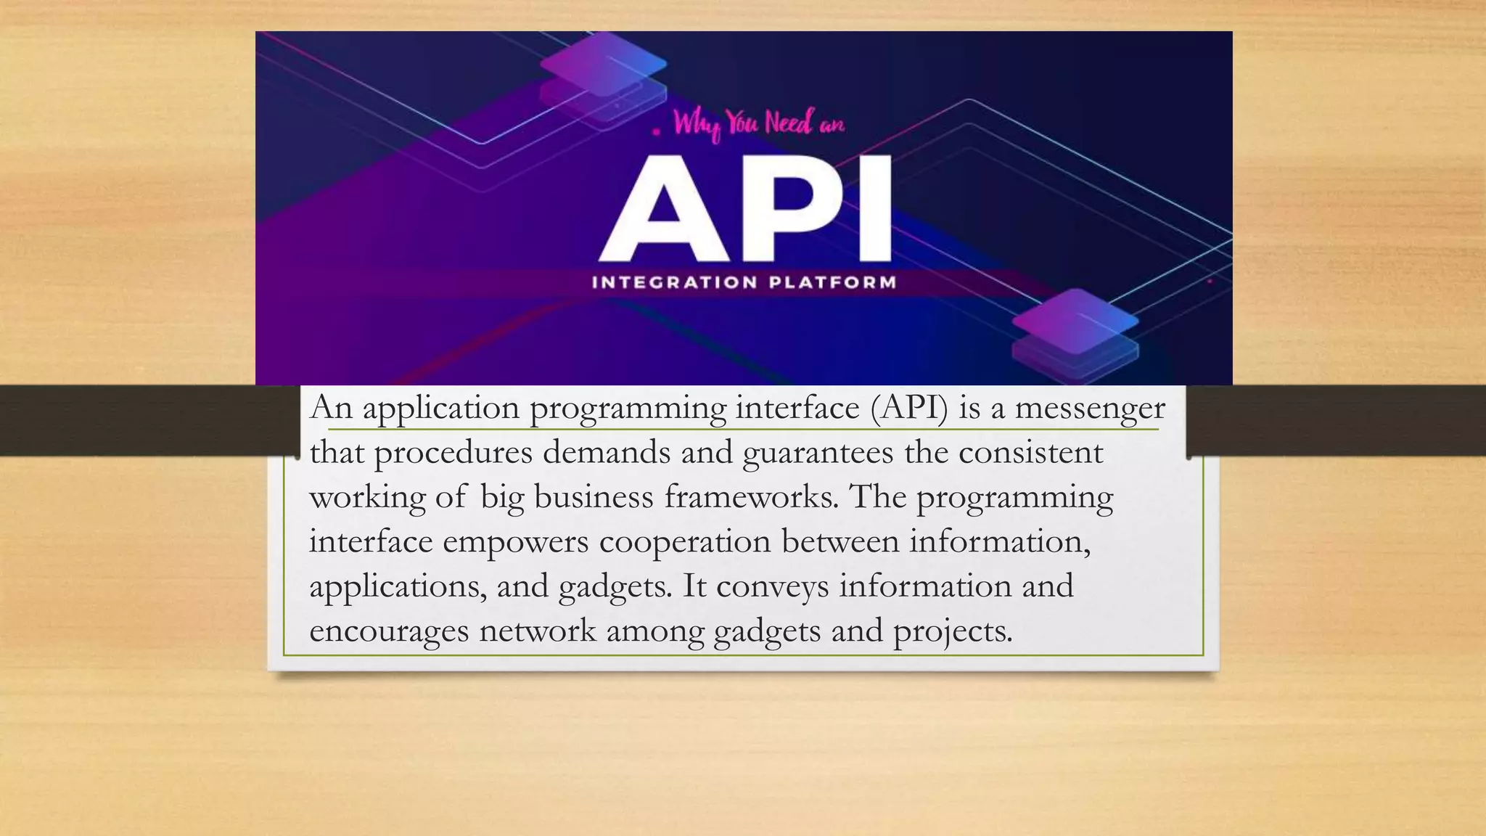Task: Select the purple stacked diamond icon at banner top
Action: tap(604, 76)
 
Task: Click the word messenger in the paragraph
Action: tap(1089, 409)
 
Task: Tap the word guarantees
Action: tap(818, 454)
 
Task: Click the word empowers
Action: tap(515, 542)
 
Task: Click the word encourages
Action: tap(389, 631)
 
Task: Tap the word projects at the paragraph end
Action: tap(952, 631)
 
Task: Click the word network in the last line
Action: tap(537, 630)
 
